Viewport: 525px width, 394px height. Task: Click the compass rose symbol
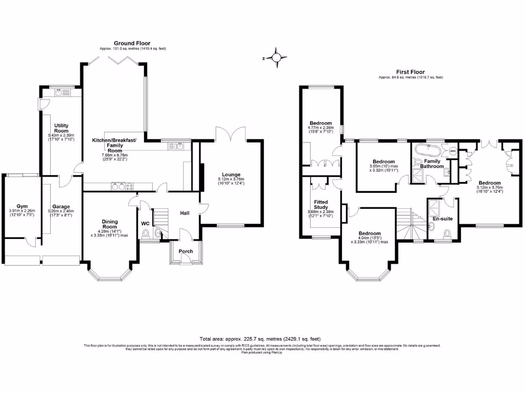(277, 58)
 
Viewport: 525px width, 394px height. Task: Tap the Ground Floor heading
(132, 44)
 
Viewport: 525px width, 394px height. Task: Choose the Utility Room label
(61, 128)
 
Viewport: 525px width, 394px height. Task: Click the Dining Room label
(110, 224)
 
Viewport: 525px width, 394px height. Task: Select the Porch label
(185, 251)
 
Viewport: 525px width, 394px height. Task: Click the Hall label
(185, 213)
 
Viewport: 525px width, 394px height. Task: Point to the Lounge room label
(231, 175)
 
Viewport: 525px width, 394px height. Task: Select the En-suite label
(442, 219)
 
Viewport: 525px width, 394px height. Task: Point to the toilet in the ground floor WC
(147, 235)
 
